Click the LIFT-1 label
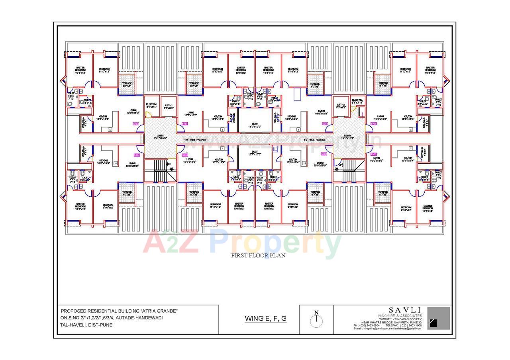point(169,106)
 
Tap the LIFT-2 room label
point(341,106)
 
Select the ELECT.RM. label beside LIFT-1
point(151,106)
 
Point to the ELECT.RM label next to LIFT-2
point(357,101)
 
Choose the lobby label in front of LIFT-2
point(348,137)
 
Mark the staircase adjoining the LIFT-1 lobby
point(161,170)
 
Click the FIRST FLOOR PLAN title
point(258,256)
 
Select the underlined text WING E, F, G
point(265,318)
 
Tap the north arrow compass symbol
point(316,319)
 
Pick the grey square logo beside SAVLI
point(438,318)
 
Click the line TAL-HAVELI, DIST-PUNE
point(86,325)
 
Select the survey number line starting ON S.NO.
point(112,318)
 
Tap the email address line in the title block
point(387,329)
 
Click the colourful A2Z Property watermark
point(242,243)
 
